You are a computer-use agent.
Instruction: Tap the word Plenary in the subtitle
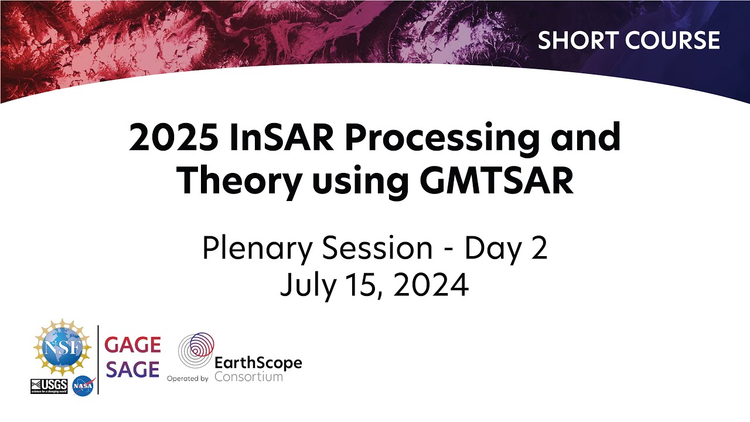(254, 250)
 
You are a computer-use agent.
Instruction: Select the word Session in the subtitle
(374, 249)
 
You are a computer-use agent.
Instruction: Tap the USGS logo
(48, 386)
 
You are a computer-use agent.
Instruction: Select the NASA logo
(83, 386)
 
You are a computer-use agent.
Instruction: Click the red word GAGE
(132, 345)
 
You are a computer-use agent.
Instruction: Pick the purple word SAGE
(132, 370)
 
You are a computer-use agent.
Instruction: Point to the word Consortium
(248, 376)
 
